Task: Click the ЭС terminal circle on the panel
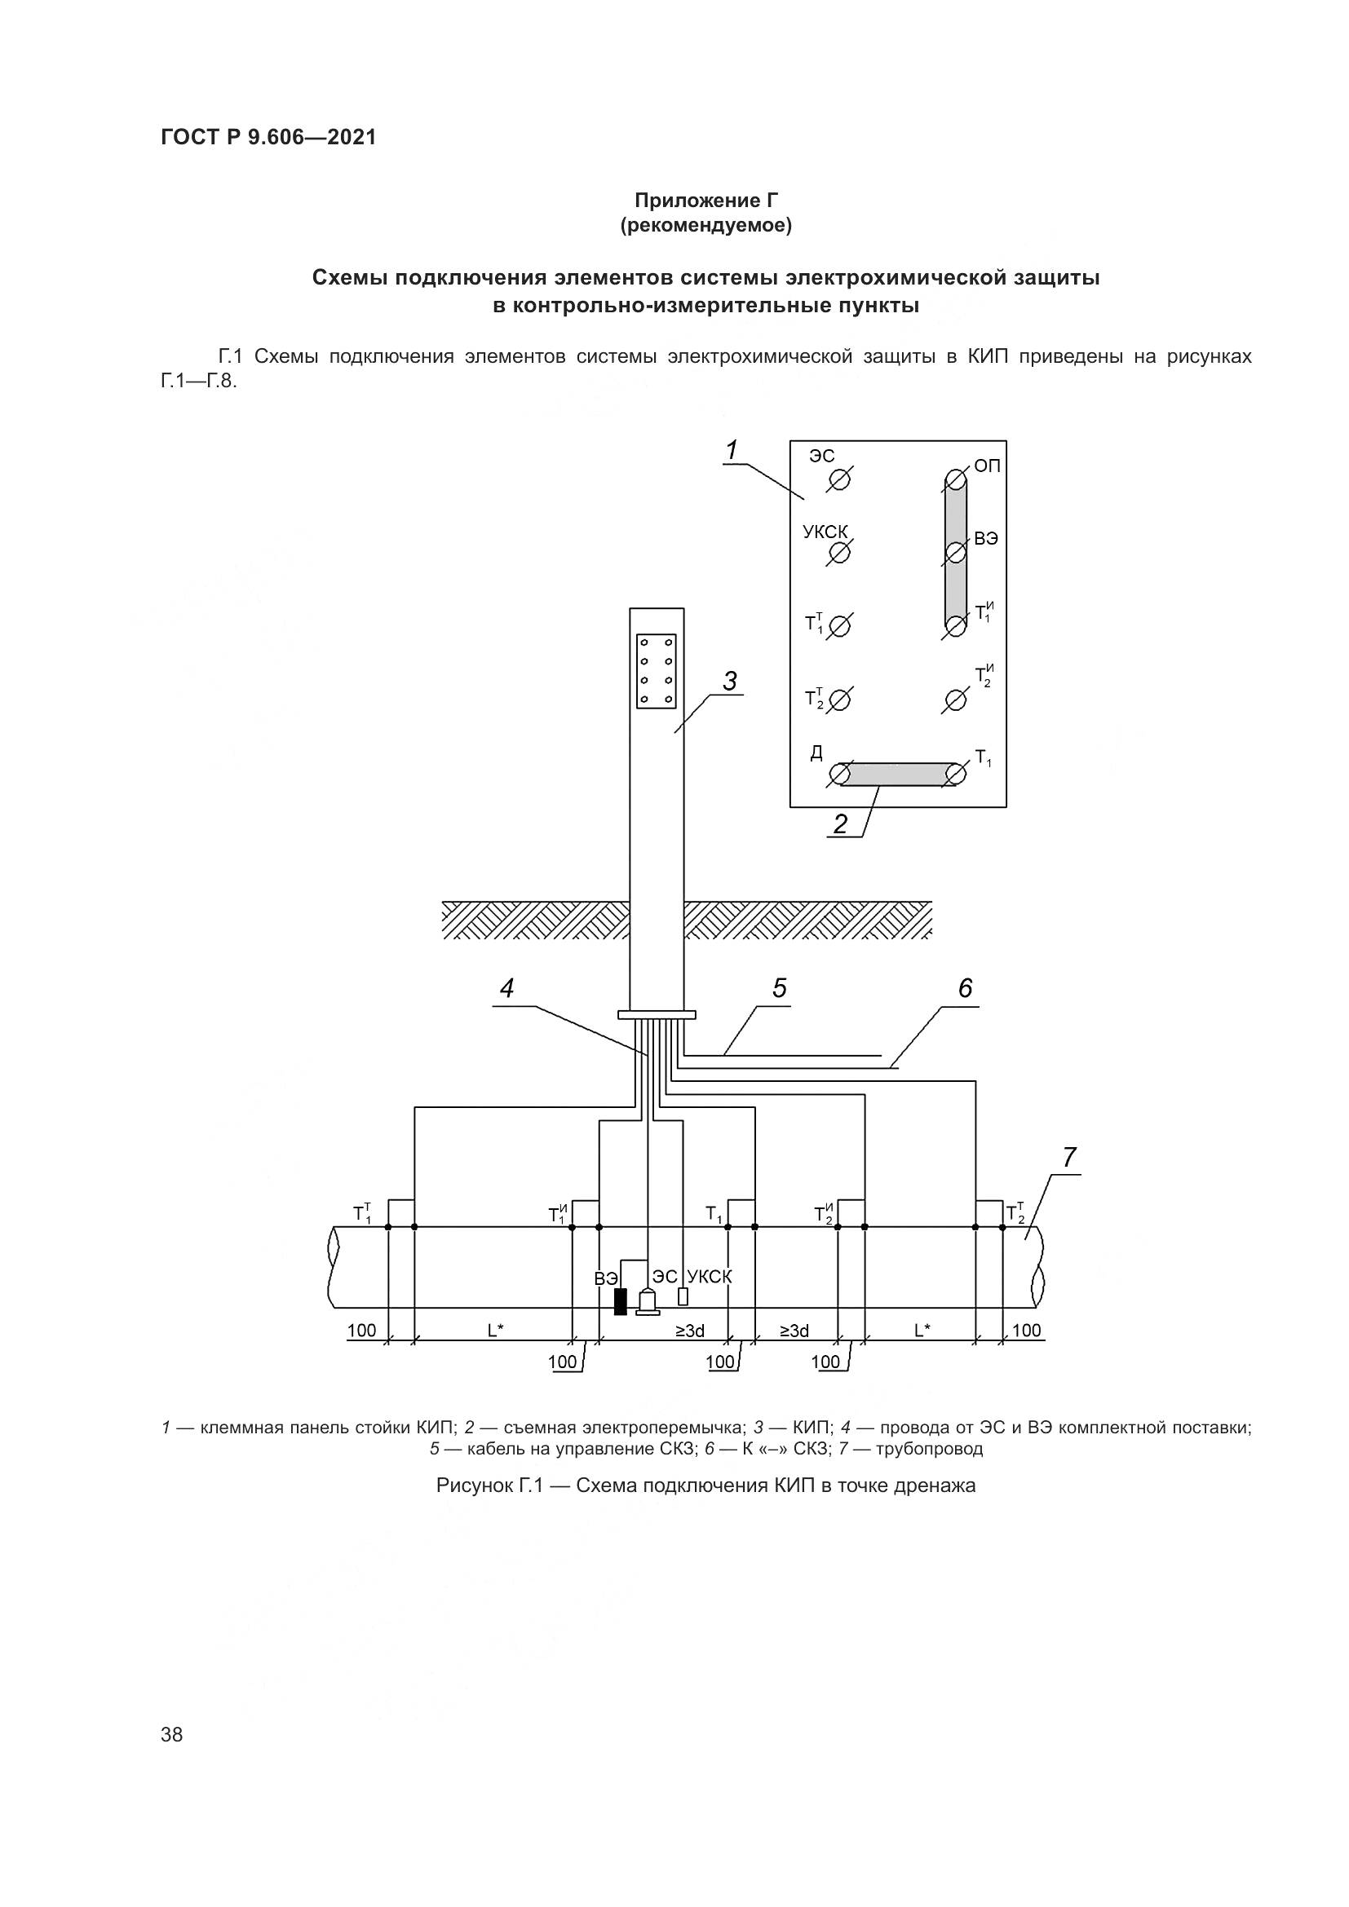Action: point(840,480)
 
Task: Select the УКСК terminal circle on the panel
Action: point(840,553)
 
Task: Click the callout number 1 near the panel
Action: point(731,451)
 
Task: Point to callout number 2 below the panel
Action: point(841,824)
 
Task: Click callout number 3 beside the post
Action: point(729,682)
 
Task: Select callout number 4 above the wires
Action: point(506,988)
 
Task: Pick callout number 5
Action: point(779,988)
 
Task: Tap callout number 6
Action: point(964,988)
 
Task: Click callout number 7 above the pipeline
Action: point(1068,1157)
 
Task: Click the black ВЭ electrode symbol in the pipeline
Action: point(620,1301)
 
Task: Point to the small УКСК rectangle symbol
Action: point(683,1296)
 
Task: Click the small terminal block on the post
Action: point(657,671)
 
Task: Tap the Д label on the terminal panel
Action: point(816,753)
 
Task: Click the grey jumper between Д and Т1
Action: point(898,774)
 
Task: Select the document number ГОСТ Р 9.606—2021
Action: point(268,137)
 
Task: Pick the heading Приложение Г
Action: point(706,201)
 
